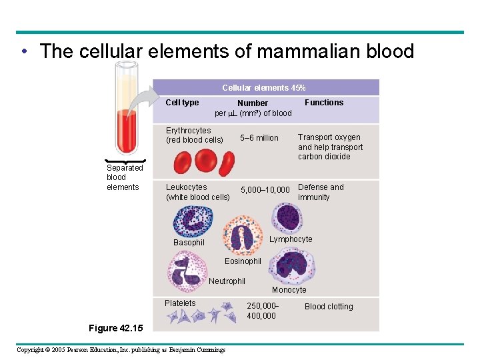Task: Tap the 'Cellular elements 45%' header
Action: [x=264, y=88]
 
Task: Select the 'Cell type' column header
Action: [x=182, y=103]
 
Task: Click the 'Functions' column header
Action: [x=324, y=103]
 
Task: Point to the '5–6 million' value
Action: [x=259, y=138]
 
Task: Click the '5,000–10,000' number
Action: [x=265, y=190]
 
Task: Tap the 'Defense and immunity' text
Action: [x=321, y=192]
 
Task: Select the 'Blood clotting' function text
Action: [x=329, y=307]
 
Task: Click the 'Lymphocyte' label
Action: [x=291, y=239]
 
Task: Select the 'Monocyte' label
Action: [x=289, y=290]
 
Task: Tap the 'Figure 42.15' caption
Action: [x=111, y=328]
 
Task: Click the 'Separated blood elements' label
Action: [x=125, y=177]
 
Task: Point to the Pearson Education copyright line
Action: [x=121, y=349]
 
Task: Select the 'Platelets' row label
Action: [x=180, y=303]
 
